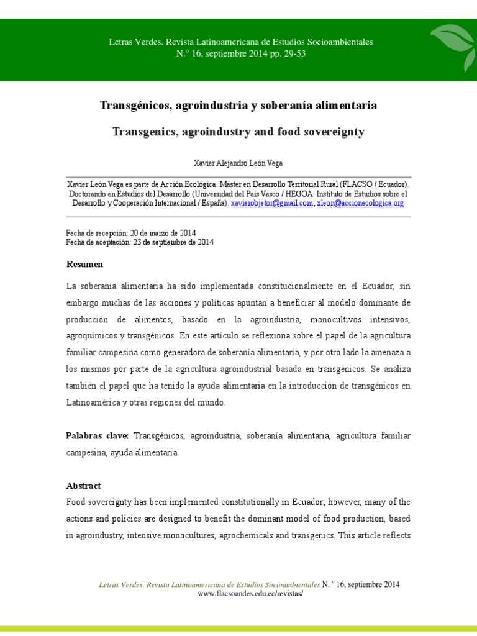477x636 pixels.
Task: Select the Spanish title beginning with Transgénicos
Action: [238, 106]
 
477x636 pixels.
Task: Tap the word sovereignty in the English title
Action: [333, 132]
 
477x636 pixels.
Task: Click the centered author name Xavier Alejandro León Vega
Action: [238, 162]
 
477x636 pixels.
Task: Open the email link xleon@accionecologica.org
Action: [360, 203]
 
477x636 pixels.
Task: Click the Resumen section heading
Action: [84, 265]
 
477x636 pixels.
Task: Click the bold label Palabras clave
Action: [97, 436]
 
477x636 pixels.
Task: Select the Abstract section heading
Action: [83, 486]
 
